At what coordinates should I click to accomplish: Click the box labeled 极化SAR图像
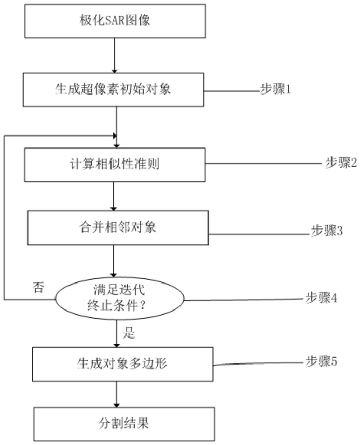click(115, 21)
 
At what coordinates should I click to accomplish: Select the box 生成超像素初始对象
click(114, 90)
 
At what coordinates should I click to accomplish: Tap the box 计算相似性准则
click(115, 165)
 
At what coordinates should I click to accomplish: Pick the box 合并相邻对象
click(118, 227)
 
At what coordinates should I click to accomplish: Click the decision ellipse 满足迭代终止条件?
click(119, 299)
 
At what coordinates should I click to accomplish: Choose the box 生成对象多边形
click(122, 364)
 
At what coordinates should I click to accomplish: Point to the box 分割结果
click(124, 424)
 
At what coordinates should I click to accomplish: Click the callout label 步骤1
click(275, 89)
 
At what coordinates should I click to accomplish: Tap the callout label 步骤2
click(341, 163)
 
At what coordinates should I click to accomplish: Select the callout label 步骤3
click(327, 231)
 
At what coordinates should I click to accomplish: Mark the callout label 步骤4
click(321, 298)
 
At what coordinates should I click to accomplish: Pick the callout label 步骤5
click(321, 361)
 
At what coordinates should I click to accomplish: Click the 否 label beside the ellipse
click(38, 288)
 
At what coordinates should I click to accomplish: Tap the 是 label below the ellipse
click(129, 332)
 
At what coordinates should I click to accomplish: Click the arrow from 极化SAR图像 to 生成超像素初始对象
click(114, 56)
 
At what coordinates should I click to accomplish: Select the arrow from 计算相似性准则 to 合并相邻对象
click(114, 196)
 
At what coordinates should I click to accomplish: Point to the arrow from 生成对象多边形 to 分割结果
click(116, 394)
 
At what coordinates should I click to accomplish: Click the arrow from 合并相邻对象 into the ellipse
click(114, 261)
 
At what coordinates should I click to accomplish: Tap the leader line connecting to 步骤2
click(265, 164)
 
